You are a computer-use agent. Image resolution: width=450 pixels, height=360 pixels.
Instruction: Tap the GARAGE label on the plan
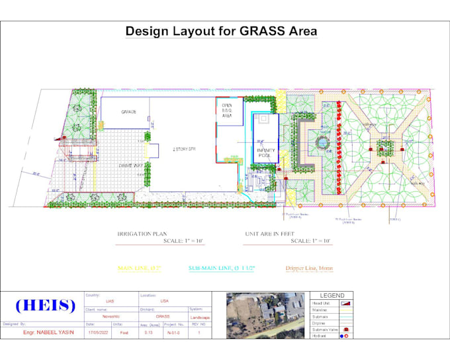point(128,112)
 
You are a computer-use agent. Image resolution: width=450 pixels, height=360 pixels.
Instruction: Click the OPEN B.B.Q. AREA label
point(226,110)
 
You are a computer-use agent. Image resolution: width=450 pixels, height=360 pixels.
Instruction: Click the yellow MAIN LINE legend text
point(139,268)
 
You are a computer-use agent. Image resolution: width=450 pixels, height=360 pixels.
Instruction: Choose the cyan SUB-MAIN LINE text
point(221,268)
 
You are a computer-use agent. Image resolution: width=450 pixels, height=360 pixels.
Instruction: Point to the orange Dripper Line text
point(309,268)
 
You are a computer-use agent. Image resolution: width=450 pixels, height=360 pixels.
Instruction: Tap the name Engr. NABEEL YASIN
point(46,333)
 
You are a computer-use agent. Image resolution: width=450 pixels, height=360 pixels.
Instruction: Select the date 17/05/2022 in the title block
point(98,333)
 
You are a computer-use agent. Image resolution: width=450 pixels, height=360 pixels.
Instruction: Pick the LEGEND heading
point(332,295)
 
